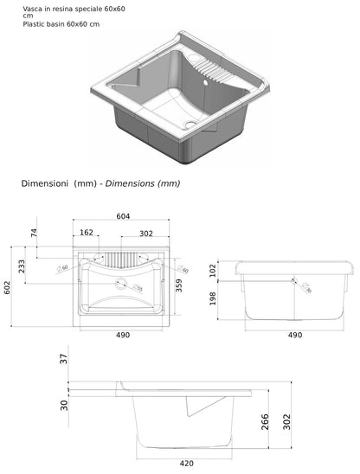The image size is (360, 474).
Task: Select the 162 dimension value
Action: pos(87,233)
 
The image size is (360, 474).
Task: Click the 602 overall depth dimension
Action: pos(6,286)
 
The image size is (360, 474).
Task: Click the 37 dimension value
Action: pos(63,359)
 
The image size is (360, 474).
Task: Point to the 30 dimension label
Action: pos(63,405)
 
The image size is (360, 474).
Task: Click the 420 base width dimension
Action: pos(186,463)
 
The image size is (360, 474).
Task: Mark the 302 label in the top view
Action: pos(146,233)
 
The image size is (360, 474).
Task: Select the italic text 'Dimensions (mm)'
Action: pos(139,183)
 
